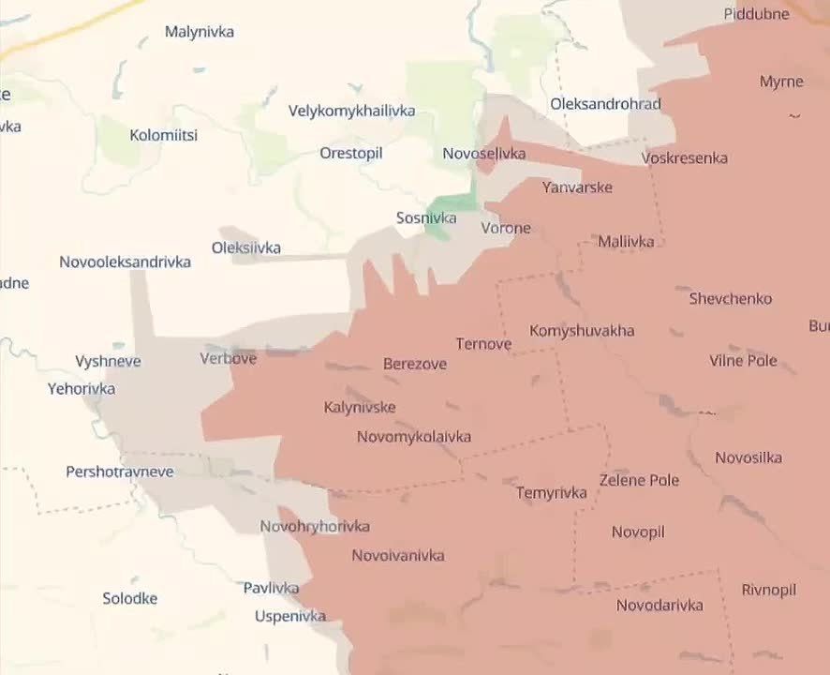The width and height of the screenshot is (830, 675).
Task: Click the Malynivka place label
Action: tap(199, 32)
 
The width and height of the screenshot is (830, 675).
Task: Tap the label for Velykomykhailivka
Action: tap(351, 111)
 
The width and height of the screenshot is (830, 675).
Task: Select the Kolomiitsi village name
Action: tap(163, 135)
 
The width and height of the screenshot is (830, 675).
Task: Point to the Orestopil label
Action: tap(351, 153)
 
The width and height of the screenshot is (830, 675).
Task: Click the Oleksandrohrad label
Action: tap(605, 104)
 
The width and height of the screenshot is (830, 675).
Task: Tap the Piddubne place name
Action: tap(757, 14)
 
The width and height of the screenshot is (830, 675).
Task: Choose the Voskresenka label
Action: tap(685, 157)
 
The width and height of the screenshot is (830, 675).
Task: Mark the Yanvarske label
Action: tap(577, 187)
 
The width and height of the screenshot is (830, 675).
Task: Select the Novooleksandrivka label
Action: tap(125, 262)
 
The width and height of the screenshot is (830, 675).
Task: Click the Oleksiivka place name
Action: tap(245, 248)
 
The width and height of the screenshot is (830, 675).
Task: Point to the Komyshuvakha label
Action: tap(582, 331)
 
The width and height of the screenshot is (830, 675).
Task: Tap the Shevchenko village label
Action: tap(731, 299)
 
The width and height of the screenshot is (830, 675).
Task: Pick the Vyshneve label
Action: tap(108, 361)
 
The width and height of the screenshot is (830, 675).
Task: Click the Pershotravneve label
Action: tap(119, 472)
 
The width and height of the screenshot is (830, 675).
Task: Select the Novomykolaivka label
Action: tap(413, 437)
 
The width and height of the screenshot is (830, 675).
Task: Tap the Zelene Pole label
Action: tap(639, 480)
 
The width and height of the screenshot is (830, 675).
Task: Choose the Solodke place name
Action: tap(129, 598)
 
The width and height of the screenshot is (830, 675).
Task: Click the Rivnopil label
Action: tap(768, 590)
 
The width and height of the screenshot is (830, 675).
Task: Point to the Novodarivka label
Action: tap(660, 606)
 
